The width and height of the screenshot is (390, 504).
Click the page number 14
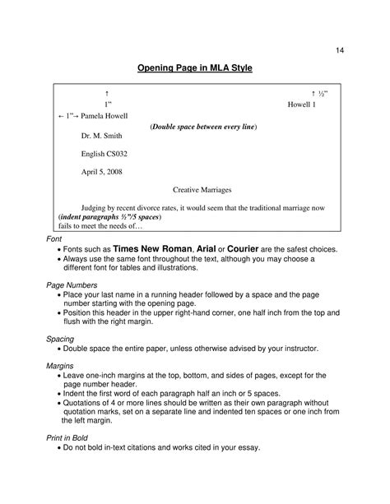pyautogui.click(x=339, y=51)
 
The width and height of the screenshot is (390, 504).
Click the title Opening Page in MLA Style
pyautogui.click(x=194, y=70)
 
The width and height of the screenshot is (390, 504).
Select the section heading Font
pyautogui.click(x=53, y=237)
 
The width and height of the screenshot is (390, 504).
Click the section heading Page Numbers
pyautogui.click(x=70, y=284)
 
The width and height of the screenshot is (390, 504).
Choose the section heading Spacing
pyautogui.click(x=59, y=338)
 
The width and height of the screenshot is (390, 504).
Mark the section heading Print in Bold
pyautogui.click(x=67, y=437)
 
